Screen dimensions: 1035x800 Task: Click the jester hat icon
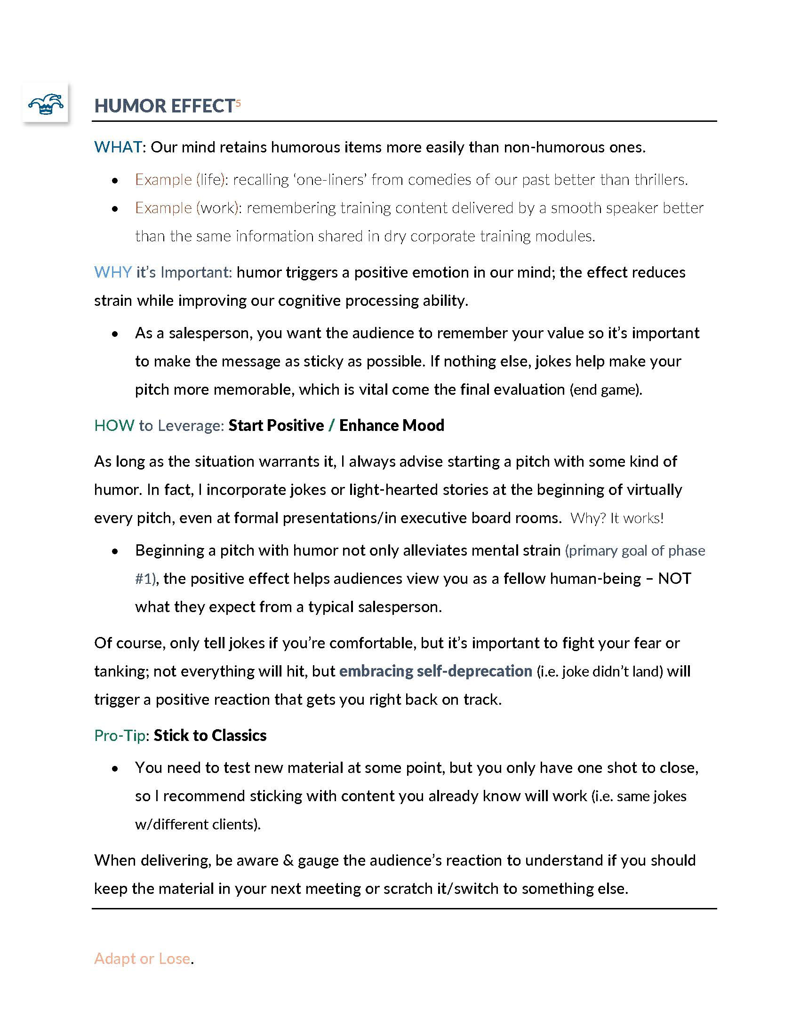click(46, 103)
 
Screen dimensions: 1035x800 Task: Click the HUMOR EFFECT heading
click(164, 106)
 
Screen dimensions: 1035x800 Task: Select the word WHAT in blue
click(118, 147)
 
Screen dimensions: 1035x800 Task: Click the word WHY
click(113, 272)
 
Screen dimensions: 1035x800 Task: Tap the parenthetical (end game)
click(605, 390)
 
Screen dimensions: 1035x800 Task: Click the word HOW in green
click(114, 425)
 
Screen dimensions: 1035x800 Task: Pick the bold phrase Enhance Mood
click(392, 425)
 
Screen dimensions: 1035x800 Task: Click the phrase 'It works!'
click(637, 518)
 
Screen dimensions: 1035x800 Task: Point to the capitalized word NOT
click(674, 579)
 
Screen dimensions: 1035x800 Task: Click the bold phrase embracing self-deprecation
click(436, 671)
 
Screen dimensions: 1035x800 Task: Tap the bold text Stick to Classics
click(210, 735)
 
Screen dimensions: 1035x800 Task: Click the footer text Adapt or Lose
click(142, 958)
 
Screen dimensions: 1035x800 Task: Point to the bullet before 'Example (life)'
click(115, 181)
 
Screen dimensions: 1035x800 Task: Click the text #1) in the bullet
click(145, 579)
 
